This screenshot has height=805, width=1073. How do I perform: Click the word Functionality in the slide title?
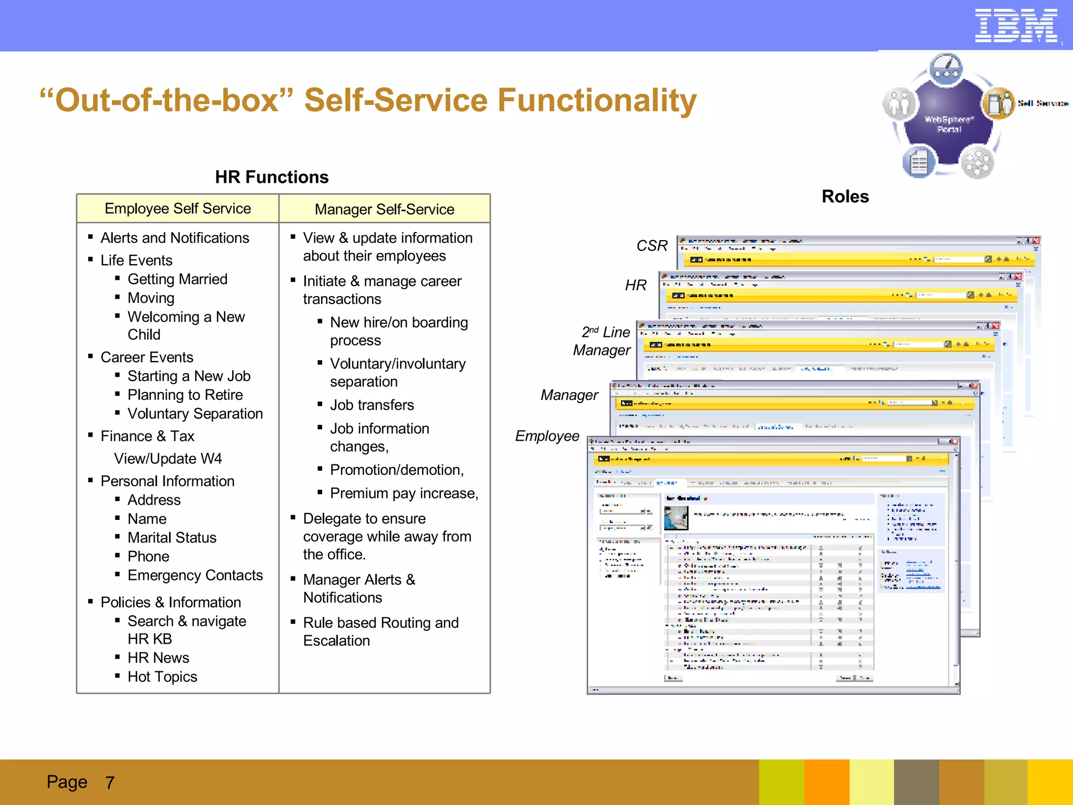pos(597,101)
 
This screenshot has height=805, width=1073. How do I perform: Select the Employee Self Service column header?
pos(178,209)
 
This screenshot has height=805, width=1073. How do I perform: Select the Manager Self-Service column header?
pos(384,209)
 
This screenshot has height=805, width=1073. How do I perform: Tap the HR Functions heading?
pos(271,177)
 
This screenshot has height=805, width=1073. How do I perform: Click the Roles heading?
pos(845,197)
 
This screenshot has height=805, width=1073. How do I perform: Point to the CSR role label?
pos(651,245)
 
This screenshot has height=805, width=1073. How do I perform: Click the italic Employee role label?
pos(547,436)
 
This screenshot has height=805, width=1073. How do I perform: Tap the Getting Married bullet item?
pos(177,279)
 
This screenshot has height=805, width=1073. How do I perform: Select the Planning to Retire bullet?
pos(185,395)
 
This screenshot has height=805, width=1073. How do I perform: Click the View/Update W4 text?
pos(168,459)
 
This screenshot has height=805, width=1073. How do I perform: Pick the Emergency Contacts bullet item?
pos(195,575)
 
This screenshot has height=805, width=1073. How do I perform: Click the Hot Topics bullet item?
pos(162,677)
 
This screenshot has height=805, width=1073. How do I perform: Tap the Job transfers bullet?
pos(371,405)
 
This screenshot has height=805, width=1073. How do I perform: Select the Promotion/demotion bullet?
pos(397,470)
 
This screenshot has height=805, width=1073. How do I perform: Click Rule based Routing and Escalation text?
pos(380,631)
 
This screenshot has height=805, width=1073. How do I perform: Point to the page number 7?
pos(110,782)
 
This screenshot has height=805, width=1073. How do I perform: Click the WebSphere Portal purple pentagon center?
pos(948,124)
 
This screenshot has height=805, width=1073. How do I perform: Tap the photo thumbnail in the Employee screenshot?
pos(676,517)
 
